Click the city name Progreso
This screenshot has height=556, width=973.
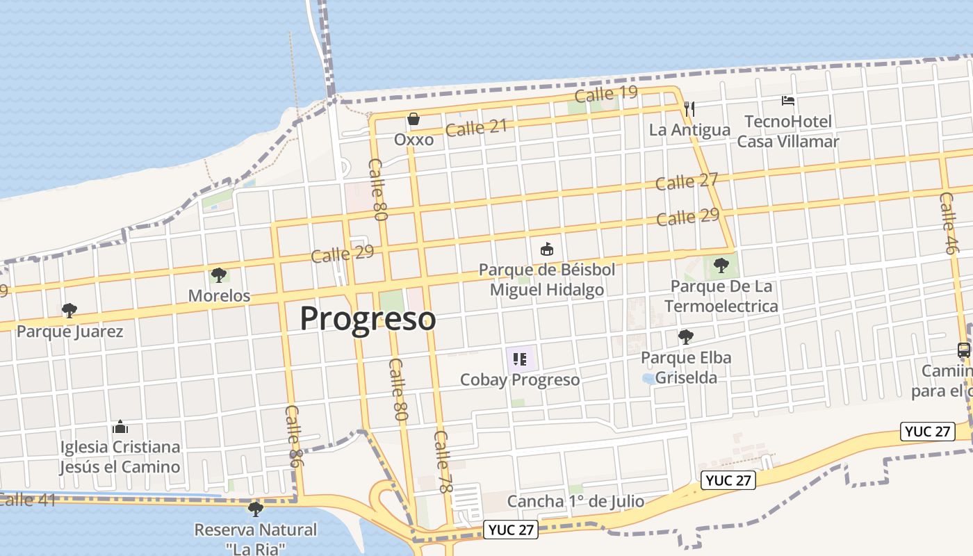point(368,319)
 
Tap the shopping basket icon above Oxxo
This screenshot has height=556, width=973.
point(414,120)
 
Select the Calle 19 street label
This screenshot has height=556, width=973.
point(606,94)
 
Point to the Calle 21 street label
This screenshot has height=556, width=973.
point(476,127)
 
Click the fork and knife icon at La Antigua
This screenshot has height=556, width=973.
point(689,108)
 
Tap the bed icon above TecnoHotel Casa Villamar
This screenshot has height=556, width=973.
point(787,101)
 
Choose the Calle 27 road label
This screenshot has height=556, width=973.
point(687,181)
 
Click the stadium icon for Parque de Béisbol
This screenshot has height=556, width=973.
point(547,249)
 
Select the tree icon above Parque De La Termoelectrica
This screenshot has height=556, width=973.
point(721,265)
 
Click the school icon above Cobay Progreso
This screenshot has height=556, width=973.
point(519,359)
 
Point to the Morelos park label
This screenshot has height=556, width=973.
point(219,295)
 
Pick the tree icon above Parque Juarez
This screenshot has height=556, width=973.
point(69,310)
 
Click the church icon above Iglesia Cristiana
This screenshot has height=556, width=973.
point(120,426)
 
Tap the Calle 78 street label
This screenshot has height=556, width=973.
point(443,461)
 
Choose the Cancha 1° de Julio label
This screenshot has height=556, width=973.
point(575,501)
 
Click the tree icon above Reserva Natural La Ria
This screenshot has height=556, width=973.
point(256,509)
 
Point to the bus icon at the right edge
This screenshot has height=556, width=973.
point(964,350)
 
